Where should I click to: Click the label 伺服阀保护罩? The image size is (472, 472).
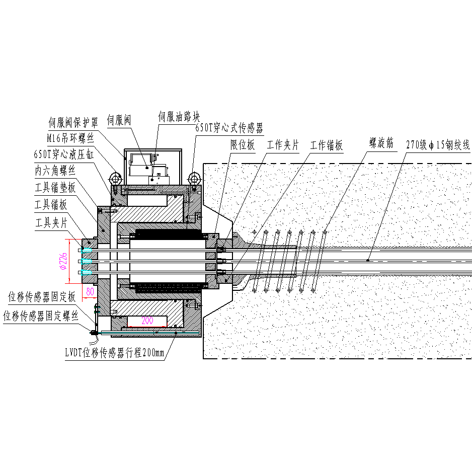pos(72,122)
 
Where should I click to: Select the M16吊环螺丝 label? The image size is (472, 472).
pos(70,138)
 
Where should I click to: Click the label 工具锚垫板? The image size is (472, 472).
pos(55,188)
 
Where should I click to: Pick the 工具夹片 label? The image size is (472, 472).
pos(51,222)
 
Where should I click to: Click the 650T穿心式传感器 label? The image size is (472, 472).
pos(229,128)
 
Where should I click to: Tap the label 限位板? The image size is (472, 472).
pos(243,145)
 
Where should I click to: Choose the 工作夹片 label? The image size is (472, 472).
pos(283,145)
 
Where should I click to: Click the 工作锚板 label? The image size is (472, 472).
pos(327,145)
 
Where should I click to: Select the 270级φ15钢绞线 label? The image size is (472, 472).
pos(438,145)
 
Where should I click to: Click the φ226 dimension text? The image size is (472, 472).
pos(64,261)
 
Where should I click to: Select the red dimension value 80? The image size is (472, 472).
pos(90,291)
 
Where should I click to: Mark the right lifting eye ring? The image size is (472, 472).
pos(194,179)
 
